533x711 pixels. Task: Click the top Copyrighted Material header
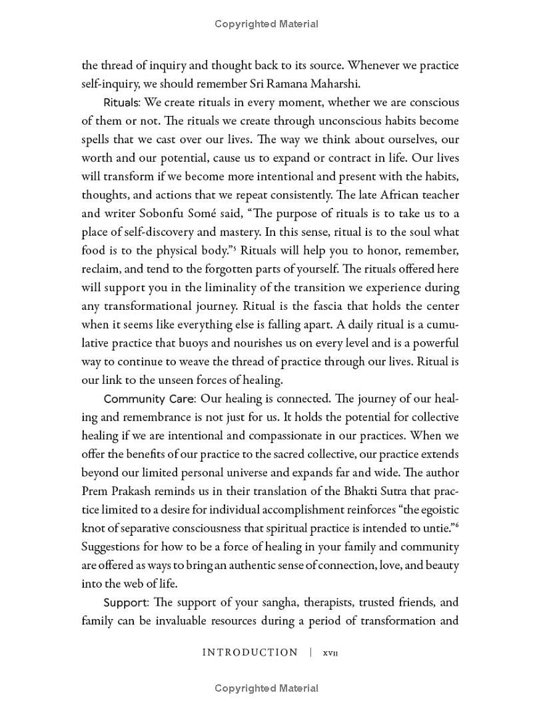(266, 24)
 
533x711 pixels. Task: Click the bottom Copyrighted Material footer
(266, 688)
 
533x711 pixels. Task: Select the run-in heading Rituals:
(122, 103)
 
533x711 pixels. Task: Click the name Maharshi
(335, 84)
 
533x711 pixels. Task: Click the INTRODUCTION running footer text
(250, 653)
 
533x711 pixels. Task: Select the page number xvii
(331, 654)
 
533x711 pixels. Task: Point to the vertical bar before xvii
(310, 653)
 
